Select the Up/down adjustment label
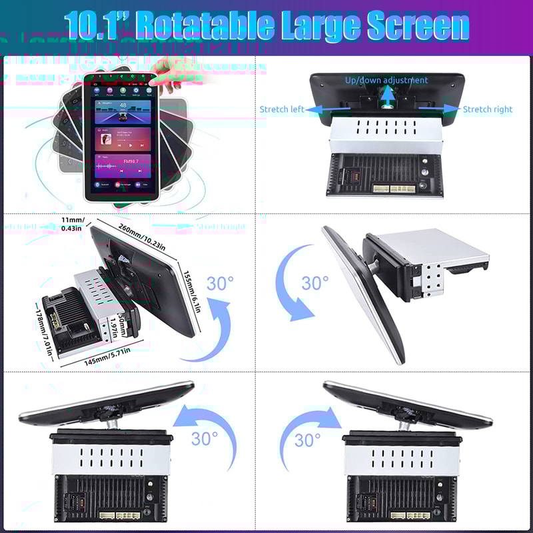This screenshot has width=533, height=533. tap(386, 80)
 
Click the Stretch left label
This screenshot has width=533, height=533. tap(282, 109)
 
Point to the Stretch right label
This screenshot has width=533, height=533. tap(488, 109)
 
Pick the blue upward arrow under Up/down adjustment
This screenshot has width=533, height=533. tap(386, 97)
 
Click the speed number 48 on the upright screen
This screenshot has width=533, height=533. tap(123, 105)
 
